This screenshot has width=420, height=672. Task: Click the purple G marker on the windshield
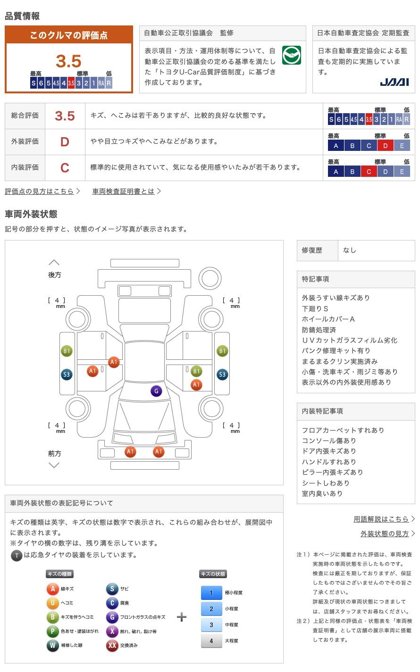pos(156,391)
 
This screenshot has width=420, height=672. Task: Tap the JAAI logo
pos(394,82)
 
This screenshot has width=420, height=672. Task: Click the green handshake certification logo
pos(291,55)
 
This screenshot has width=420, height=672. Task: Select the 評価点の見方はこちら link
pos(39,191)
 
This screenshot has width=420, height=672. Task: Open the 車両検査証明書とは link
pos(123,191)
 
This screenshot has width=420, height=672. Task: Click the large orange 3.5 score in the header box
pos(68,61)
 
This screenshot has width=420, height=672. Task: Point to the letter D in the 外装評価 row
pos(65,141)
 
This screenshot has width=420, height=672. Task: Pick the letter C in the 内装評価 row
pos(65,167)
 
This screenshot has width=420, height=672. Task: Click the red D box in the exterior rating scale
pos(385,146)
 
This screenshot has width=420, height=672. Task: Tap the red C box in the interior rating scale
pos(369,172)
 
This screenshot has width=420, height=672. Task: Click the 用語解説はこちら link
pos(381,519)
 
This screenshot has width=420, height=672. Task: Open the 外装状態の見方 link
pos(385,533)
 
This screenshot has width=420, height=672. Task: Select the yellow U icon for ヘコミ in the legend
pos(52,603)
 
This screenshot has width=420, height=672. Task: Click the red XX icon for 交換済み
pos(112,645)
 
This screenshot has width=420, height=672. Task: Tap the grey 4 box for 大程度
pos(211,641)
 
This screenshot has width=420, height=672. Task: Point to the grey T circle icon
pos(17,556)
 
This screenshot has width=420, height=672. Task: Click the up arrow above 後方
pos(54,263)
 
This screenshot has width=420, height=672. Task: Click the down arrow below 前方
pos(54,465)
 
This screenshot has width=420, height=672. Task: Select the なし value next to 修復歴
pos(350,250)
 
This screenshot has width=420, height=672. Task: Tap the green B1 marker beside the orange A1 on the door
pos(196,371)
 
